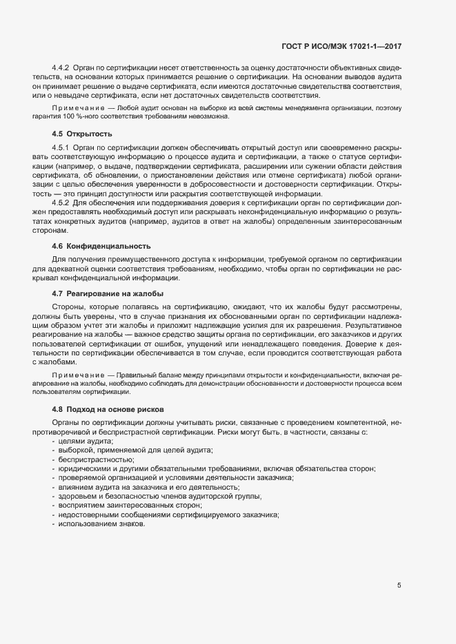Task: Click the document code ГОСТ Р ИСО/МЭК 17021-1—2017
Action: (341, 45)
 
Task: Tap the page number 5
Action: (399, 585)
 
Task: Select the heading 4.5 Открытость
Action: (82, 133)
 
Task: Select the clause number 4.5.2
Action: (61, 202)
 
